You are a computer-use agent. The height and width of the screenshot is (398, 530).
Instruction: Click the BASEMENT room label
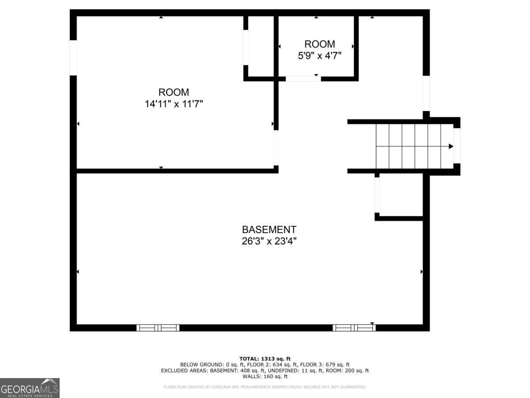click(x=269, y=230)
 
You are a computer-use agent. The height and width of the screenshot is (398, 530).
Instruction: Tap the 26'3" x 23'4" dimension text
click(x=269, y=241)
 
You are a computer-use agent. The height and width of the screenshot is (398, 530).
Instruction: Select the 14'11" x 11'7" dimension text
click(x=174, y=104)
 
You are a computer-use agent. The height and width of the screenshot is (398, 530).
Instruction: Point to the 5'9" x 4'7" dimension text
click(x=319, y=56)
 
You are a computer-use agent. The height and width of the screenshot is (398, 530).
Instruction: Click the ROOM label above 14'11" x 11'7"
click(x=174, y=92)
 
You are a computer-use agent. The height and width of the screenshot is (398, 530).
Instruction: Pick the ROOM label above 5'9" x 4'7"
click(x=319, y=44)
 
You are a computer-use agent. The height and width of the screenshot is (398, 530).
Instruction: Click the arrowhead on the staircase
click(x=450, y=146)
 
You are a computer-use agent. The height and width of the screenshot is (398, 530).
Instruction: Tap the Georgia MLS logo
click(x=30, y=388)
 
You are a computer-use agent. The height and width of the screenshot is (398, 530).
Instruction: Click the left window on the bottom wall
click(x=158, y=328)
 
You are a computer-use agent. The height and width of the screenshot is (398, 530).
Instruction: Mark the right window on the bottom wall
click(x=354, y=328)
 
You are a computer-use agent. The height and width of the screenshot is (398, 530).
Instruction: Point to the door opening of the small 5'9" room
click(x=303, y=79)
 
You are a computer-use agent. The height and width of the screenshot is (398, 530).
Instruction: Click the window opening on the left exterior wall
click(x=73, y=57)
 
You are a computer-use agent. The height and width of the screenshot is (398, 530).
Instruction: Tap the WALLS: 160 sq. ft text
click(x=265, y=377)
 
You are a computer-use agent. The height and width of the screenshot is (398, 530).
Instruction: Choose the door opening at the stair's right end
click(x=457, y=145)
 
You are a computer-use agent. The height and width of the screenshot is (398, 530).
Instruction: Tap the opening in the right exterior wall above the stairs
click(x=426, y=93)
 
